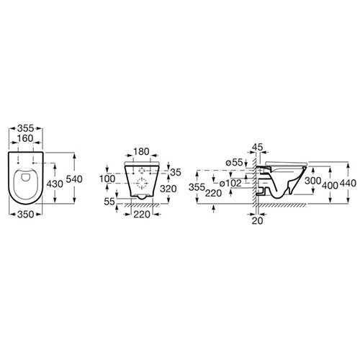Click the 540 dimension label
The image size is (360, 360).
pos(74,179)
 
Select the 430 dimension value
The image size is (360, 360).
pos(55,184)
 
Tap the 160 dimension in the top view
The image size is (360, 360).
pos(25,138)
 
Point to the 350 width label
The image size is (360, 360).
pos(26,215)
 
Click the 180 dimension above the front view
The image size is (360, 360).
pos(141,152)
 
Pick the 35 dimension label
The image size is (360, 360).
pos(176,172)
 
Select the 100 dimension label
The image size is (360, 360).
pos(107,179)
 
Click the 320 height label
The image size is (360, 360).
pos(168,189)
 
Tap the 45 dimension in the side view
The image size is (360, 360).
pos(258,147)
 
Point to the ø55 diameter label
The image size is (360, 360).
pos(235,163)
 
